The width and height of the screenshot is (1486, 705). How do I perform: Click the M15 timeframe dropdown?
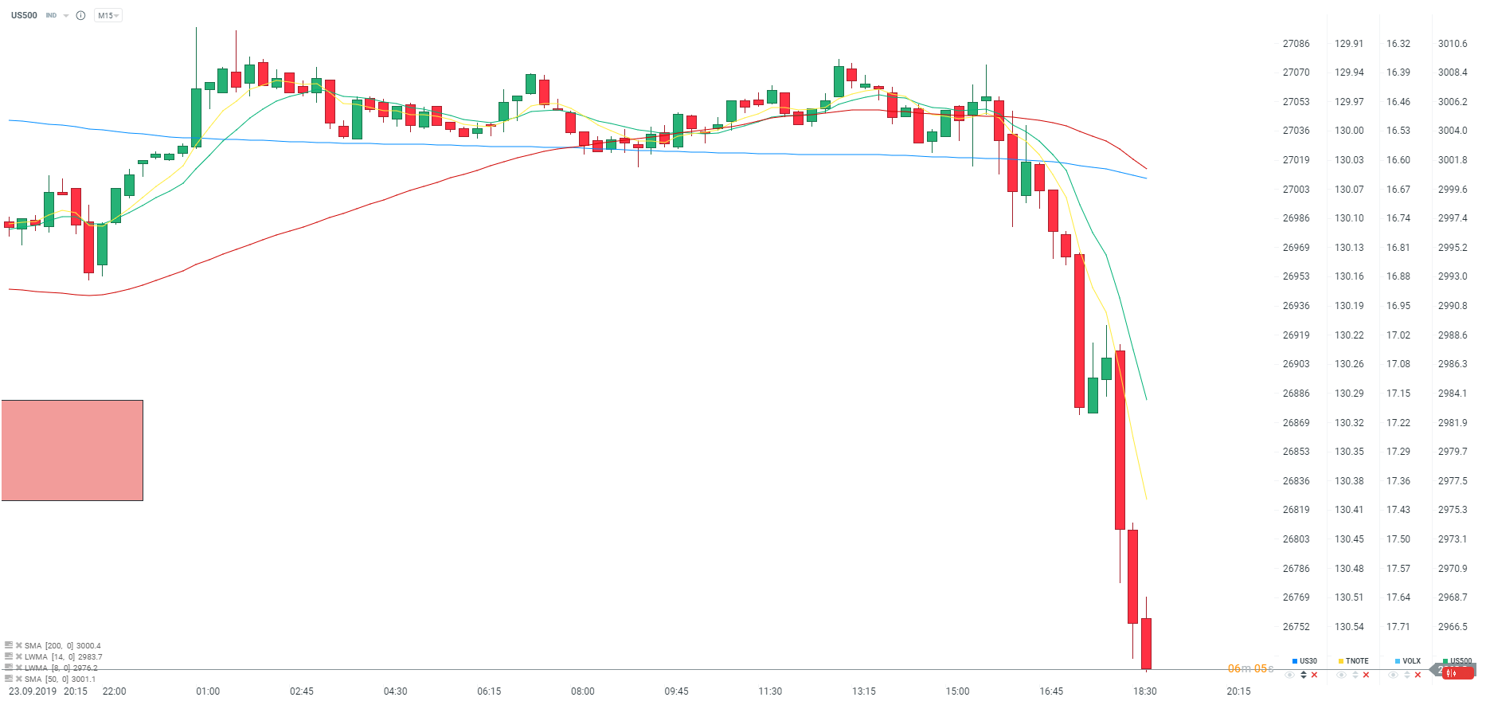108,15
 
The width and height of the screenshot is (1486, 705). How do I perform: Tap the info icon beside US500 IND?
80,15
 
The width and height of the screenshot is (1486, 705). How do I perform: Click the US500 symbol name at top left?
24,15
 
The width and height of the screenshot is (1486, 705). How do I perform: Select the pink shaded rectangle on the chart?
72,450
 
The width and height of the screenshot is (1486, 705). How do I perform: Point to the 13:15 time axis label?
864,691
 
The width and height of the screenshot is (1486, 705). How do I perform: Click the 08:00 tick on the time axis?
583,691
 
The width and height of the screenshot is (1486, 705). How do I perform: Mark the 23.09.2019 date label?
33,691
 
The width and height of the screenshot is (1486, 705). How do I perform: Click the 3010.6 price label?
1453,44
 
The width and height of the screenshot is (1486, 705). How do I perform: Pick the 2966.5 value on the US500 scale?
1453,627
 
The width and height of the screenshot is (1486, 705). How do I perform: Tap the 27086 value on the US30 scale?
1296,44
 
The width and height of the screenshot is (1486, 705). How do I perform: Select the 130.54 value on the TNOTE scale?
1349,627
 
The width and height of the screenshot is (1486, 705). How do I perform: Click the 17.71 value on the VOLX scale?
1398,627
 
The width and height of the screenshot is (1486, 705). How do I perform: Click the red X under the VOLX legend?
1418,675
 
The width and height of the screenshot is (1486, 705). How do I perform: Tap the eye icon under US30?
1290,675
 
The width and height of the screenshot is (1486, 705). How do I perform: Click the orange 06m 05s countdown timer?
1250,668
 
